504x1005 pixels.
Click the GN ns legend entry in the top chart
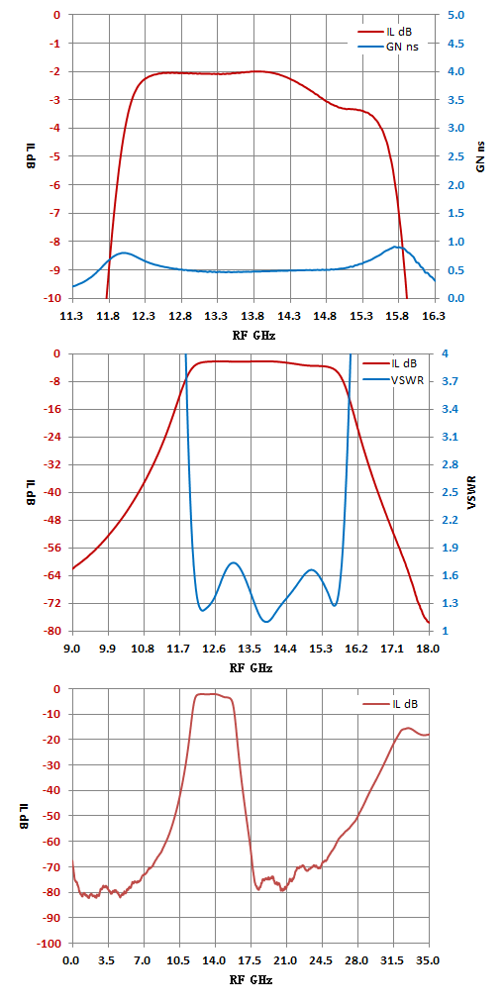[x=388, y=47]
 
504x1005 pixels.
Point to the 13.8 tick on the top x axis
[x=253, y=314]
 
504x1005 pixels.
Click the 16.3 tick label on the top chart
[x=435, y=314]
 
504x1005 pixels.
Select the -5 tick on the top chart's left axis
[x=57, y=156]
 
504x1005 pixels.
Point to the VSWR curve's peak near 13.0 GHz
[x=234, y=562]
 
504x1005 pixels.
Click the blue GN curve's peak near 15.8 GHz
[x=398, y=247]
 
